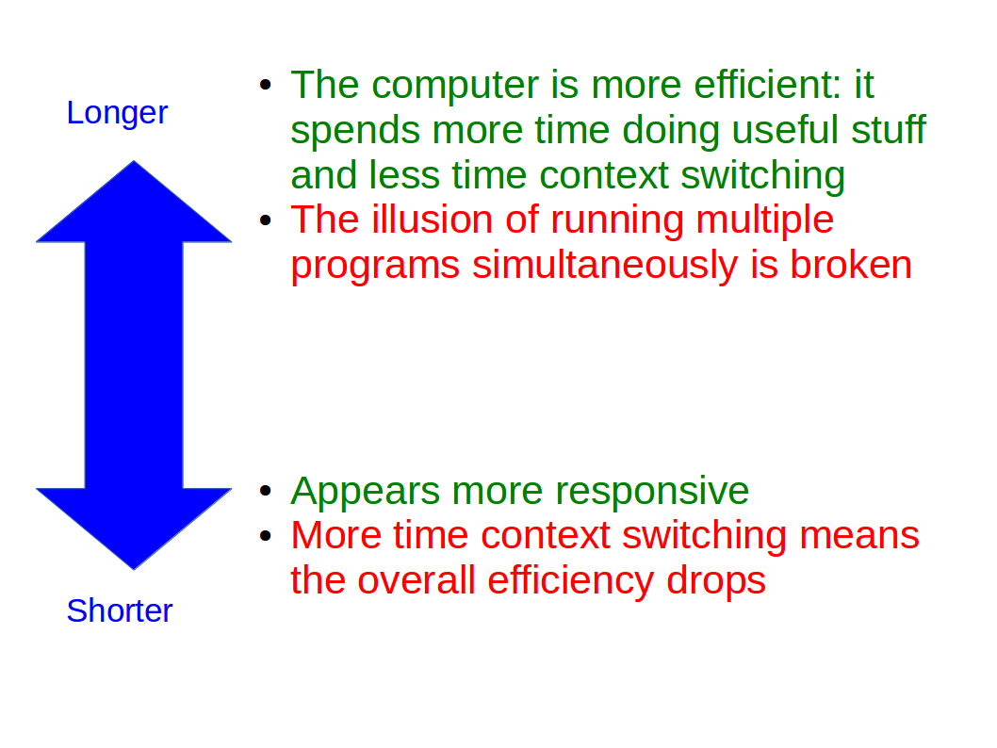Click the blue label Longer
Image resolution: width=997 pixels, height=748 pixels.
[117, 113]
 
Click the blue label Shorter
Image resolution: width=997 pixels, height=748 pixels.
[120, 611]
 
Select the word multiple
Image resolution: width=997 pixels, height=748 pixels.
[764, 220]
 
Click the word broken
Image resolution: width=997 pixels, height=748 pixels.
[851, 266]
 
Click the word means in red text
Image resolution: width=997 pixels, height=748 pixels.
[858, 536]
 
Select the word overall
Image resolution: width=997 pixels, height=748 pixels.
[418, 580]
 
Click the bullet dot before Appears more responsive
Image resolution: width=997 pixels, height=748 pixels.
[266, 491]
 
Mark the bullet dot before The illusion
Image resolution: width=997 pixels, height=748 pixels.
[266, 220]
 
